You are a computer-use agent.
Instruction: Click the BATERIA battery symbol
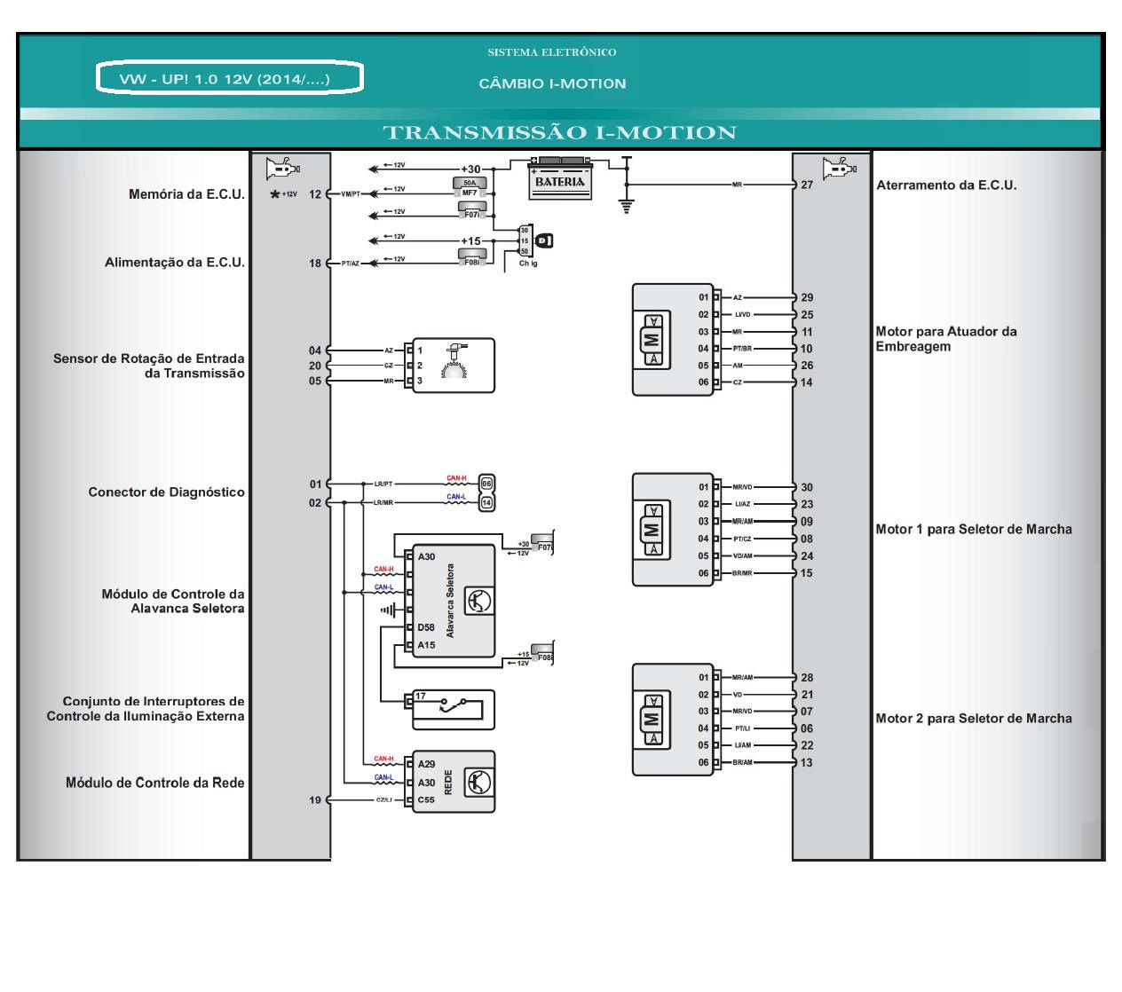(560, 180)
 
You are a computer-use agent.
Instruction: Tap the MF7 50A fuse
(470, 187)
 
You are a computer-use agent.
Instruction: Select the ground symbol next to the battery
(627, 205)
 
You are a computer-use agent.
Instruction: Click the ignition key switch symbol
(544, 240)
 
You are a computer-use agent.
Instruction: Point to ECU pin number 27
(807, 185)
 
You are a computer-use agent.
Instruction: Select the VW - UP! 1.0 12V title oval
(229, 78)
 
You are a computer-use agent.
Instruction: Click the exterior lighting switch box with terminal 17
(452, 709)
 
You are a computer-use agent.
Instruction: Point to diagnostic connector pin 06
(486, 484)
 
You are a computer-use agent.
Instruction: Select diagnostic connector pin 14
(486, 503)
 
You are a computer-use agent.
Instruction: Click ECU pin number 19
(315, 799)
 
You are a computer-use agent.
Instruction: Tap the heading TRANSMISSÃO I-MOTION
(559, 133)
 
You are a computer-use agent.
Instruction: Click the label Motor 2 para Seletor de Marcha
(974, 719)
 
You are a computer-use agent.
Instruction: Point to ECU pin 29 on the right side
(807, 297)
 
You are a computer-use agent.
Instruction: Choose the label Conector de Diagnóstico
(166, 492)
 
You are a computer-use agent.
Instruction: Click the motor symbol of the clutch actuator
(652, 339)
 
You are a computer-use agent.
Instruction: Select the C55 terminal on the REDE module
(426, 799)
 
